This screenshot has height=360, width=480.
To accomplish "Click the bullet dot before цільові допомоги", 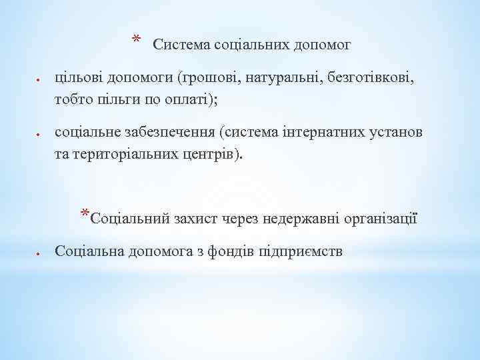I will (39, 80).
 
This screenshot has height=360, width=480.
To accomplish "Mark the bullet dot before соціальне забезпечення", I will (39, 134).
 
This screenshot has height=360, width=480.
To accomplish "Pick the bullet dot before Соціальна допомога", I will (39, 253).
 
